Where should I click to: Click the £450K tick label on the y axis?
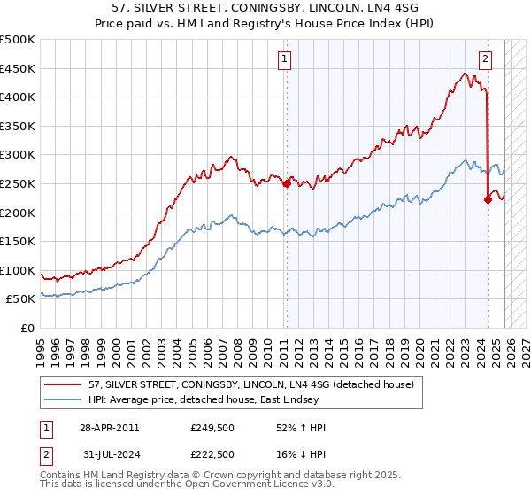18,68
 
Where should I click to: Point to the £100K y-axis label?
18,270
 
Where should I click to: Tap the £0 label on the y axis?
27,328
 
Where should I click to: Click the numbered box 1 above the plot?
285,59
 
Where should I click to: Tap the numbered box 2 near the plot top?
486,59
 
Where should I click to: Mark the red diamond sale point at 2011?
287,184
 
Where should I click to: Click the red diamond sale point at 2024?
488,199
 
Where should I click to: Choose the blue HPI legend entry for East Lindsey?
212,400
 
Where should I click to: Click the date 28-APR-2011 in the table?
109,427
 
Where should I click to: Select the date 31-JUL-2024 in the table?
108,453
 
